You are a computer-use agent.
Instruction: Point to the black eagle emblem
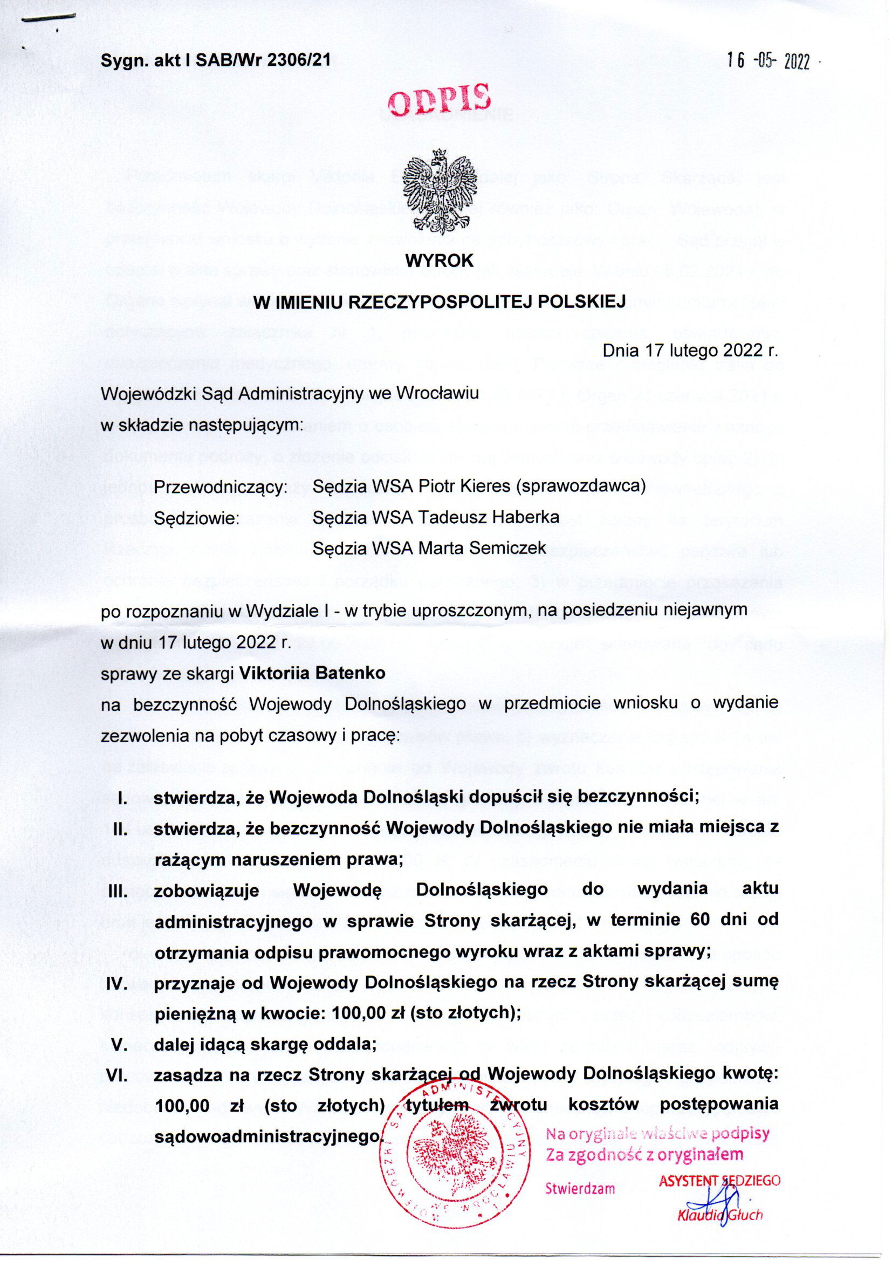click(x=438, y=192)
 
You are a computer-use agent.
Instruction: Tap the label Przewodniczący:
click(x=221, y=487)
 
